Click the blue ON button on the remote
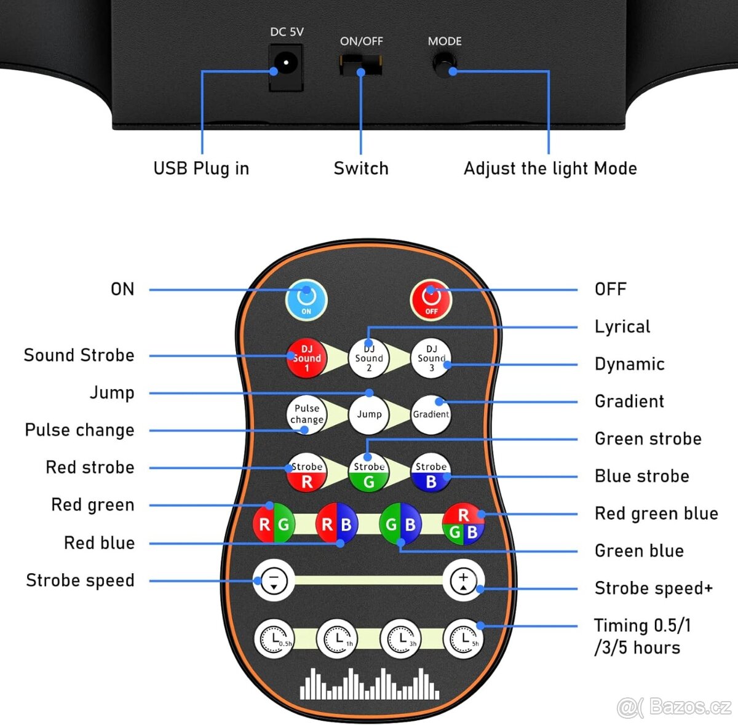click(x=306, y=299)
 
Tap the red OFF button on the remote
click(x=431, y=299)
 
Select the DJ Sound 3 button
click(x=431, y=358)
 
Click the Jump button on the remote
click(x=369, y=414)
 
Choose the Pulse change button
click(x=307, y=414)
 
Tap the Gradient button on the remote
click(x=431, y=414)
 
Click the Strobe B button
click(x=431, y=474)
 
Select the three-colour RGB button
click(x=464, y=524)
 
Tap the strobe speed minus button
click(x=274, y=580)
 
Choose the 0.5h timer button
click(x=274, y=639)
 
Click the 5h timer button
click(x=464, y=639)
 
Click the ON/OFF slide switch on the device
click(x=361, y=64)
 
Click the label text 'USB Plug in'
click(x=201, y=168)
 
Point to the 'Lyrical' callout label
click(x=622, y=327)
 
